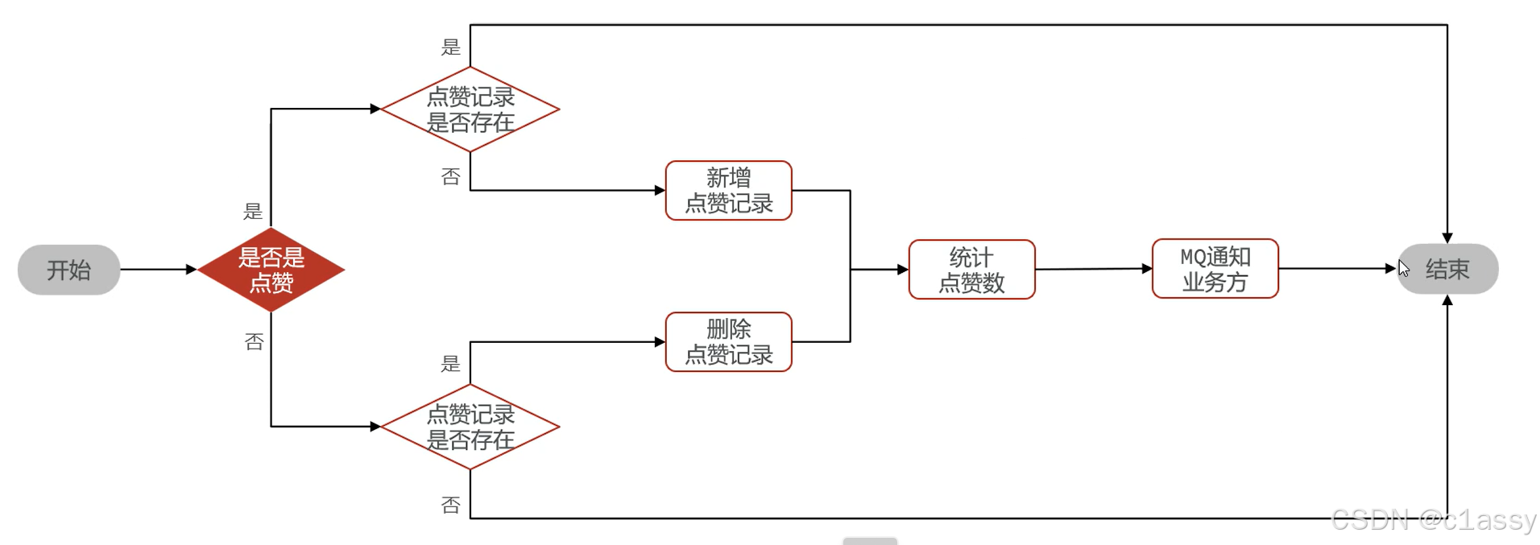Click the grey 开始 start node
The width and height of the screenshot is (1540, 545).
[x=68, y=270]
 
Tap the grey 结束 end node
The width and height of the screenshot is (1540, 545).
[x=1448, y=269]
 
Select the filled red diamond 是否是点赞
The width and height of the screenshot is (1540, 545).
[x=271, y=270]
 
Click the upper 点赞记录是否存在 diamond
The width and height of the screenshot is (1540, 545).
[x=470, y=109]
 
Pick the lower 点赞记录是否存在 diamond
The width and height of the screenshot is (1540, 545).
[x=470, y=427]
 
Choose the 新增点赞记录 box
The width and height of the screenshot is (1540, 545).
[x=728, y=191]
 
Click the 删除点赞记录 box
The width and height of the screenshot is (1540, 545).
[x=728, y=342]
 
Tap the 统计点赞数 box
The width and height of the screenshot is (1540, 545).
[x=971, y=270]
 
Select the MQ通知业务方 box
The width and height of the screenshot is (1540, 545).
[x=1215, y=269]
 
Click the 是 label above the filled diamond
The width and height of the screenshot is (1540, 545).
[x=253, y=212]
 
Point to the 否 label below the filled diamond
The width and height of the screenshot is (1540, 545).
[x=254, y=342]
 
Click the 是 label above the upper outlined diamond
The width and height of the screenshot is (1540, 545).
[x=450, y=47]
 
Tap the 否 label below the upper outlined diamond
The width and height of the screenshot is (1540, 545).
[x=450, y=176]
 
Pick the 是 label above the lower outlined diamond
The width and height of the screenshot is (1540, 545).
[x=450, y=364]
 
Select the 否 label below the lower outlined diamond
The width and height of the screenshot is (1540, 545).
[x=450, y=505]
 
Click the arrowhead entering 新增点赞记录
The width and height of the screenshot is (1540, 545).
[x=660, y=191]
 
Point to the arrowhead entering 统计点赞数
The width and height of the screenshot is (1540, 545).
[x=903, y=270]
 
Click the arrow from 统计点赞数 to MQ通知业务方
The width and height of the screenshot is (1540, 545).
[x=1093, y=269]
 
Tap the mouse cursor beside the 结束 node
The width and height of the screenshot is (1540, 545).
[x=1404, y=268]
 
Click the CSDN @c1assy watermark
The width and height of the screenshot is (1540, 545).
[x=1434, y=520]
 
